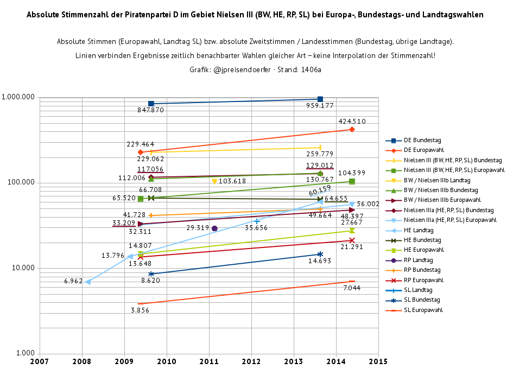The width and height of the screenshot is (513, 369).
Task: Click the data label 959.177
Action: coord(320,106)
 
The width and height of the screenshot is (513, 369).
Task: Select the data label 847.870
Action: coord(150,110)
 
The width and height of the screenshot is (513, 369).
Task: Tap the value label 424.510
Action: coord(352,122)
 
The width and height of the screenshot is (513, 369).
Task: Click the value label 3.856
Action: coord(140,310)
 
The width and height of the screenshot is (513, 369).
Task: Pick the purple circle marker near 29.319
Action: coord(214,228)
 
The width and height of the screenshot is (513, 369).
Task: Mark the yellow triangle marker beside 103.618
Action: coord(214,181)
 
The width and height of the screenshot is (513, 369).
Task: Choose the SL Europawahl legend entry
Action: coord(423,310)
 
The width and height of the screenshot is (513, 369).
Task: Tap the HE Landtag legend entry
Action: coord(419,230)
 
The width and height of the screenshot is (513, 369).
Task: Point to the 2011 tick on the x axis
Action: coord(209,361)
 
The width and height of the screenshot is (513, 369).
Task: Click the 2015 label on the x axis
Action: coord(378,361)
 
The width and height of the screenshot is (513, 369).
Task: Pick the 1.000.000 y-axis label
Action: coord(18,97)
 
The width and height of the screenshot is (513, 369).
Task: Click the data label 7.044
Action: coord(352,288)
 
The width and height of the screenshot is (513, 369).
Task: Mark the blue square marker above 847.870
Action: coord(151,104)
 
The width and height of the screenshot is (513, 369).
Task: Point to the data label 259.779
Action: coord(320,154)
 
